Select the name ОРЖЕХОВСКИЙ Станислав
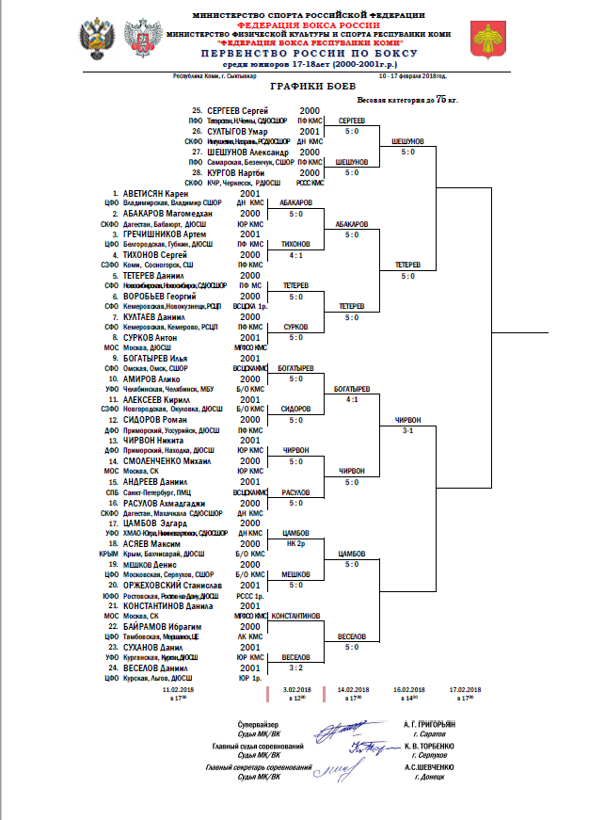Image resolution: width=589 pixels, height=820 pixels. point(172,585)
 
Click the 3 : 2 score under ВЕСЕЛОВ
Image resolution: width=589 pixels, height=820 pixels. point(296,667)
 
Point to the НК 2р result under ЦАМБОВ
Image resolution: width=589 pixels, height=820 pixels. point(296,543)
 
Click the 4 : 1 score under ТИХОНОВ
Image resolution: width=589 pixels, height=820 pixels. point(296,254)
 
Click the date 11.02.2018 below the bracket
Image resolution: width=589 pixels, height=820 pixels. point(179,689)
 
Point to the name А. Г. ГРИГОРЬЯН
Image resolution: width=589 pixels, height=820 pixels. point(427,726)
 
